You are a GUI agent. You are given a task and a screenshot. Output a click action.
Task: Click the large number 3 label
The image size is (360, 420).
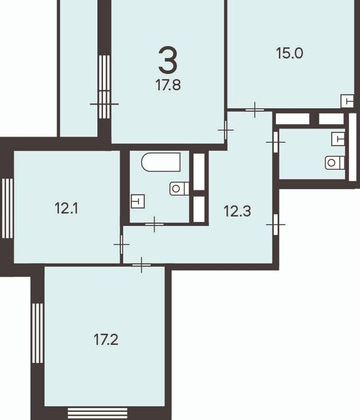pos(168,60)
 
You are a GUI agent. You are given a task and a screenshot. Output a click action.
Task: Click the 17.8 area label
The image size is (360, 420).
pos(168,85)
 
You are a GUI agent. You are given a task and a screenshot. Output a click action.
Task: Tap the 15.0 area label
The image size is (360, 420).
pos(290,53)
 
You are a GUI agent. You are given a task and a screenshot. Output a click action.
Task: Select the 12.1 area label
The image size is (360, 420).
pos(66,209)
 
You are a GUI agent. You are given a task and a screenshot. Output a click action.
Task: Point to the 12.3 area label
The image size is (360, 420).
pos(238,211)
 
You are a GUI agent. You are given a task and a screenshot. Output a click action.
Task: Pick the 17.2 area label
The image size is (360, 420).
pos(106,340)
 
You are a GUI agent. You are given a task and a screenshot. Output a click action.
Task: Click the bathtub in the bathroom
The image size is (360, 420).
pos(161,162)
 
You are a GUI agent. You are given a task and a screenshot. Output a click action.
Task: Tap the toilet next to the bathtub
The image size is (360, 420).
pos(179,189)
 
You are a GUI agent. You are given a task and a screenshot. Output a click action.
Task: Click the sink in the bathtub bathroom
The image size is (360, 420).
pos(138,201)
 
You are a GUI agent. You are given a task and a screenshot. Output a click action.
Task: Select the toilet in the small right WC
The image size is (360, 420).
pos(335,163)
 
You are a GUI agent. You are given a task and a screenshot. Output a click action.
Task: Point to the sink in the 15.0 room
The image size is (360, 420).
pos(347,101)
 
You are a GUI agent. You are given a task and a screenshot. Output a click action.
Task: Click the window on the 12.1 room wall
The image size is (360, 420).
pos(7,209)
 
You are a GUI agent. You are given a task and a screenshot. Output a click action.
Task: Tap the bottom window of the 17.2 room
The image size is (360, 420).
pos(97,413)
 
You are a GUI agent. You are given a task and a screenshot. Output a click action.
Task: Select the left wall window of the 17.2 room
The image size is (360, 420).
pos(37,333)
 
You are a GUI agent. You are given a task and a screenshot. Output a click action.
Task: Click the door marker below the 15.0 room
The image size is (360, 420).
pos(255,109)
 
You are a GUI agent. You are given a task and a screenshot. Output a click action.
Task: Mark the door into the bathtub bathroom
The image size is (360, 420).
pos(155,224)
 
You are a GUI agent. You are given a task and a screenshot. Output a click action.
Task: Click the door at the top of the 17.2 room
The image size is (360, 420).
pos(141,265)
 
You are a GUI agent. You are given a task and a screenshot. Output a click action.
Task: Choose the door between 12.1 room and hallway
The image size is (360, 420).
pos(121,244)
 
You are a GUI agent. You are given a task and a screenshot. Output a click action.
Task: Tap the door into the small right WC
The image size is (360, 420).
pos(276,142)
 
